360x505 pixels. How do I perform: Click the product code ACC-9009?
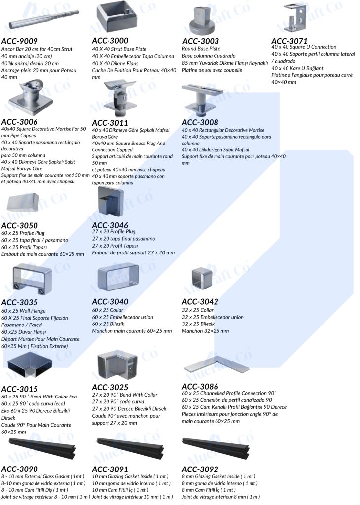(x=20, y=41)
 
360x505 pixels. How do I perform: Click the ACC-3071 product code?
(x=289, y=41)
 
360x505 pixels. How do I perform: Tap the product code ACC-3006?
(x=20, y=122)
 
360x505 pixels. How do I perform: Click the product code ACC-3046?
(x=110, y=225)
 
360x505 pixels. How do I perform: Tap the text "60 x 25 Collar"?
(x=108, y=310)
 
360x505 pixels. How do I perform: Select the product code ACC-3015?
(x=20, y=389)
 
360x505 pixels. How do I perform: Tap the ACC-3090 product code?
(x=20, y=469)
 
